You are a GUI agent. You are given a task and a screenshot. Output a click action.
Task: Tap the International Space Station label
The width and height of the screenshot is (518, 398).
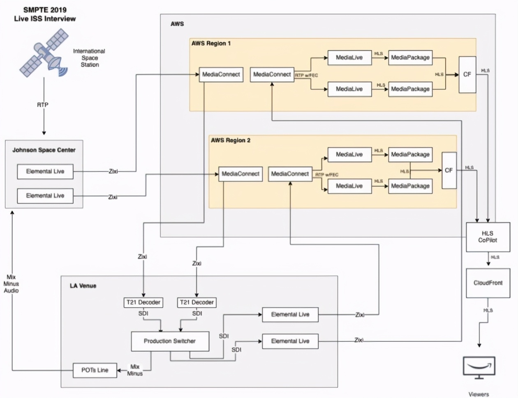(89, 58)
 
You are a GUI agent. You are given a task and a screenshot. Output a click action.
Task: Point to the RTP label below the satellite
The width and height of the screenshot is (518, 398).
(43, 105)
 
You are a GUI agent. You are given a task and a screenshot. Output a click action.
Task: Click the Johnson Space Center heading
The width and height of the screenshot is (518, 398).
(44, 150)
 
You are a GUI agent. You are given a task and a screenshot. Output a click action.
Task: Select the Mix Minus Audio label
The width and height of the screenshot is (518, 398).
(12, 284)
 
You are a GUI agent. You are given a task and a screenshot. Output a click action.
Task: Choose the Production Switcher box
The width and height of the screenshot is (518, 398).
(170, 341)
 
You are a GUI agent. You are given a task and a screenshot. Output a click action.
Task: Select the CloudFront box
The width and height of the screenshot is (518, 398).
(488, 283)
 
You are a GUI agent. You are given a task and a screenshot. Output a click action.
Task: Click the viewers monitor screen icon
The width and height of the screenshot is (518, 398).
(479, 366)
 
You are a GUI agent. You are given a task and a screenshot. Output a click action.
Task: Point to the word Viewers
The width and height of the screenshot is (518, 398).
(479, 394)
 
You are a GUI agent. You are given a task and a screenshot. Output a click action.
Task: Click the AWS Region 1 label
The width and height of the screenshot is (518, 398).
(211, 43)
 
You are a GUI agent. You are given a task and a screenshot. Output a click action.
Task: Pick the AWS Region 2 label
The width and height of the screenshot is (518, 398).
(231, 140)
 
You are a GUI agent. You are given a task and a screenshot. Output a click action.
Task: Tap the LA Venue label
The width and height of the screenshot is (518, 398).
(83, 286)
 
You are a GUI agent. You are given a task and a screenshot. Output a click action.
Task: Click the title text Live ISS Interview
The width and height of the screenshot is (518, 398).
(45, 18)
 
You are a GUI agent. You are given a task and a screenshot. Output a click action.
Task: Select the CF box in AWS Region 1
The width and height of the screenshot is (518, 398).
(467, 74)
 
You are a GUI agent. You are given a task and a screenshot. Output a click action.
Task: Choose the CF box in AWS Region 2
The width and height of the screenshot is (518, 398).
(449, 170)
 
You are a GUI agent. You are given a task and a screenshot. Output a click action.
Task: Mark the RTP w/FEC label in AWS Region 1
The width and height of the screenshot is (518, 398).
(306, 75)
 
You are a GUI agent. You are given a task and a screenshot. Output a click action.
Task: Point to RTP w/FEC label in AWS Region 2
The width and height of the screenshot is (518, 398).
(327, 175)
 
